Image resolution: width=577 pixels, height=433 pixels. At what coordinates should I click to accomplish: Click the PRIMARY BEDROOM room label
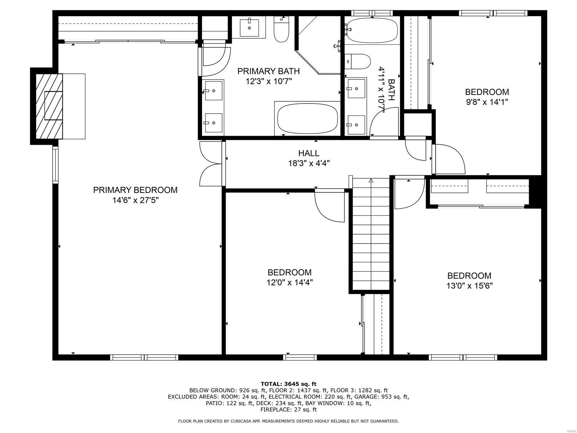pyautogui.click(x=135, y=190)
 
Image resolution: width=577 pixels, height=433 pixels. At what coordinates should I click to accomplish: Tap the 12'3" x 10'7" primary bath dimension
pyautogui.click(x=268, y=81)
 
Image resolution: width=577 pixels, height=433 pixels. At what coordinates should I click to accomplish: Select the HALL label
pyautogui.click(x=308, y=153)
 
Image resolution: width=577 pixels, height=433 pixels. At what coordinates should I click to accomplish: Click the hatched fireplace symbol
pyautogui.click(x=49, y=106)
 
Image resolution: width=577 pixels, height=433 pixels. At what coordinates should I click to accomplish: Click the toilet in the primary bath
pyautogui.click(x=281, y=30)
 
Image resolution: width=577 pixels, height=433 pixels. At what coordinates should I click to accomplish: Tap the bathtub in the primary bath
pyautogui.click(x=308, y=118)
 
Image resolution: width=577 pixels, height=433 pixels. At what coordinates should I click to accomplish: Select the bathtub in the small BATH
pyautogui.click(x=371, y=30)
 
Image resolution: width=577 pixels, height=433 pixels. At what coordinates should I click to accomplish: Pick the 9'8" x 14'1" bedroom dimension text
pyautogui.click(x=487, y=102)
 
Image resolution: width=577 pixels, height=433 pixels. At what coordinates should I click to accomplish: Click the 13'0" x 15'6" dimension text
pyautogui.click(x=469, y=286)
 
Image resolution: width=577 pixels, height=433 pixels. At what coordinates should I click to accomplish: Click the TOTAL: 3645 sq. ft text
pyautogui.click(x=288, y=384)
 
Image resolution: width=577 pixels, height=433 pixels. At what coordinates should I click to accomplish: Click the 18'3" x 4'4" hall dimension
pyautogui.click(x=308, y=163)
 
